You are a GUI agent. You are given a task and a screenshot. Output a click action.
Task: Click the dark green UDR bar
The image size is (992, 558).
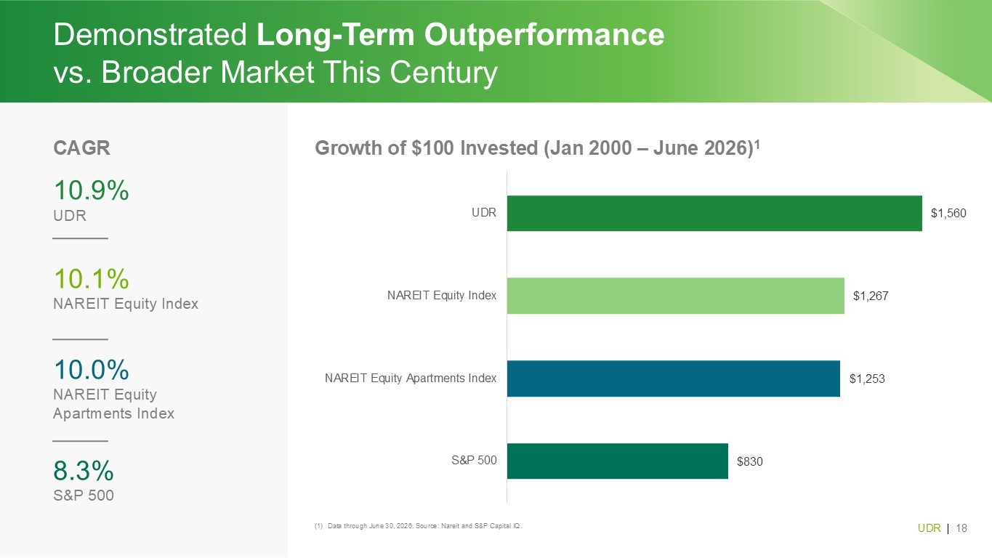[714, 213]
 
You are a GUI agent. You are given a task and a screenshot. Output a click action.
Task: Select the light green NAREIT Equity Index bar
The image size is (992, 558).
[675, 296]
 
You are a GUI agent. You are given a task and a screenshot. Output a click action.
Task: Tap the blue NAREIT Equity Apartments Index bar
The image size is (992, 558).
[673, 379]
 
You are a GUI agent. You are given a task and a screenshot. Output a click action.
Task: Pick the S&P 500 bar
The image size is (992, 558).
[617, 461]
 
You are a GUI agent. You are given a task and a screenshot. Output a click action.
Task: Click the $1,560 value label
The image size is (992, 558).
[948, 214]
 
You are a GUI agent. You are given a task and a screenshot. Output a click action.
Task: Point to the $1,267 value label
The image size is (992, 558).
[871, 296]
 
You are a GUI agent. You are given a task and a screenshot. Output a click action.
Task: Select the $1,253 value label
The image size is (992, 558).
[867, 379]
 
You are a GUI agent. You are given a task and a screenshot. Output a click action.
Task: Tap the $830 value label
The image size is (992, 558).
[749, 461]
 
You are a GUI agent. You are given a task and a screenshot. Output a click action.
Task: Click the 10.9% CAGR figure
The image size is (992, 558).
[92, 190]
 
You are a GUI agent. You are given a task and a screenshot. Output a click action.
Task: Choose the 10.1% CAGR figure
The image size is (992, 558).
[92, 278]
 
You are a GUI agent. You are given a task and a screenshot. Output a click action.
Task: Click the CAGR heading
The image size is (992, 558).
[81, 148]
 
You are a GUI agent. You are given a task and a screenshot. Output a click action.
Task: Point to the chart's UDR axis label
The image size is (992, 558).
[483, 213]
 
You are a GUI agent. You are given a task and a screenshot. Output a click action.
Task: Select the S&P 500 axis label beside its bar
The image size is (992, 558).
[474, 461]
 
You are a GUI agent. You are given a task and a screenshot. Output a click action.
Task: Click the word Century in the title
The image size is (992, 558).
[443, 72]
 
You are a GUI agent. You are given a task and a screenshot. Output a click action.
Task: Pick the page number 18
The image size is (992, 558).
[961, 528]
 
